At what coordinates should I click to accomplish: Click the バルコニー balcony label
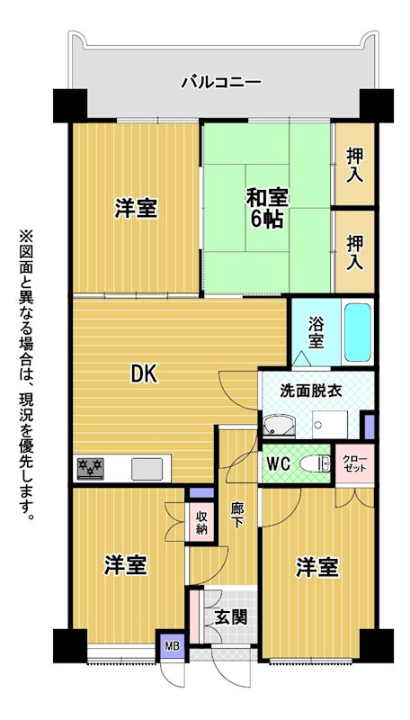click(x=221, y=83)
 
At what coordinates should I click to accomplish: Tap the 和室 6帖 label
click(x=267, y=209)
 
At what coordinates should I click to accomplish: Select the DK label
click(x=145, y=374)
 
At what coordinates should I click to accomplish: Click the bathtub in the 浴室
click(x=358, y=332)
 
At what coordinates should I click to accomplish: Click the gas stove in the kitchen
click(x=90, y=469)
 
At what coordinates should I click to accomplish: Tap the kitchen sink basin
click(x=147, y=469)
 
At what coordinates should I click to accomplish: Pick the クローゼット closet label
click(x=355, y=463)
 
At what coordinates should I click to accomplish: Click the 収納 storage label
click(x=201, y=522)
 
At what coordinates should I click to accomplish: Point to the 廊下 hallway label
click(x=236, y=515)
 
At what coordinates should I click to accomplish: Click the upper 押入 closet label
click(x=355, y=166)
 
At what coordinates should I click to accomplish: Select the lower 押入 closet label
click(x=355, y=252)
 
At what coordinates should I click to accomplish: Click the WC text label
click(x=278, y=464)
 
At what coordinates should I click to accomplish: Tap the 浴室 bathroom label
click(x=315, y=332)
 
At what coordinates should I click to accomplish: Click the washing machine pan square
click(x=330, y=424)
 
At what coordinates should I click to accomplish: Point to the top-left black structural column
click(x=70, y=105)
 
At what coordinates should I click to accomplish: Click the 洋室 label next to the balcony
click(x=136, y=209)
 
